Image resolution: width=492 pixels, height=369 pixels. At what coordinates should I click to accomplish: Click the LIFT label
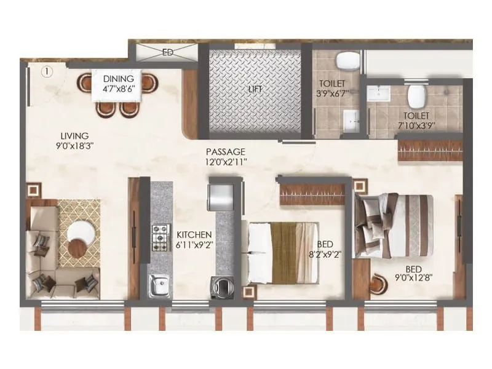click(255, 89)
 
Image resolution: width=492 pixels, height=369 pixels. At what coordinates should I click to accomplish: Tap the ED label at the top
click(167, 53)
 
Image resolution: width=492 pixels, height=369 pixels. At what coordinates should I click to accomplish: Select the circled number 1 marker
click(48, 71)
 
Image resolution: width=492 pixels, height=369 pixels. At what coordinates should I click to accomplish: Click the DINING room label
click(119, 79)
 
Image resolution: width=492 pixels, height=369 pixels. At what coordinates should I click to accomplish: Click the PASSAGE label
click(226, 152)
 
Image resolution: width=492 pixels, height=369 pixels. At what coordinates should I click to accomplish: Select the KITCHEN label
click(194, 235)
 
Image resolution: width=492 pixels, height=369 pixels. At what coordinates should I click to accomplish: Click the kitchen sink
click(160, 285)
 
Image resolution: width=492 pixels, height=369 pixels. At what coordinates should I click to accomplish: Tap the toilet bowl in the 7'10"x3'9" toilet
click(416, 95)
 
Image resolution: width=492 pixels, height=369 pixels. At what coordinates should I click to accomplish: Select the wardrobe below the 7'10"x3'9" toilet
click(430, 150)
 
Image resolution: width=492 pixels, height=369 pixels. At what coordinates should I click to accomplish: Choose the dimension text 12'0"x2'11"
click(226, 162)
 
